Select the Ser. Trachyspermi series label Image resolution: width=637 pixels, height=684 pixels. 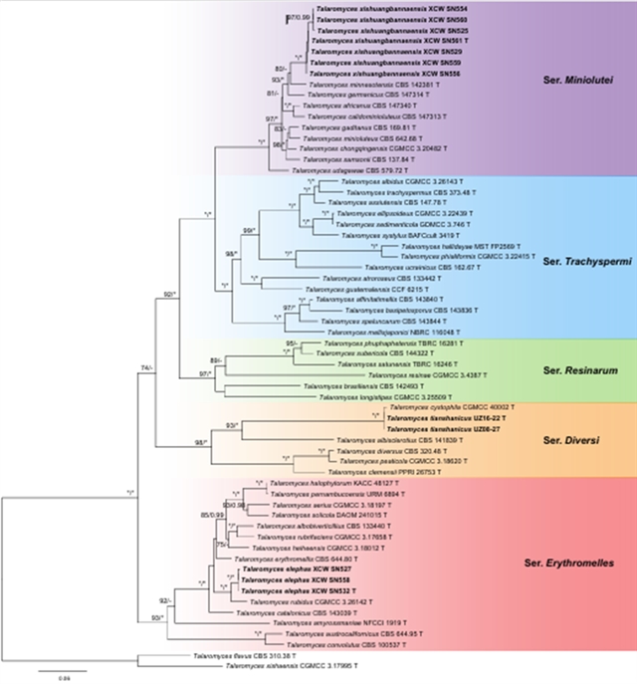pyautogui.click(x=581, y=261)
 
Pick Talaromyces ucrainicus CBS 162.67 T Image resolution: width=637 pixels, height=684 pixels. pyautogui.click(x=424, y=268)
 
